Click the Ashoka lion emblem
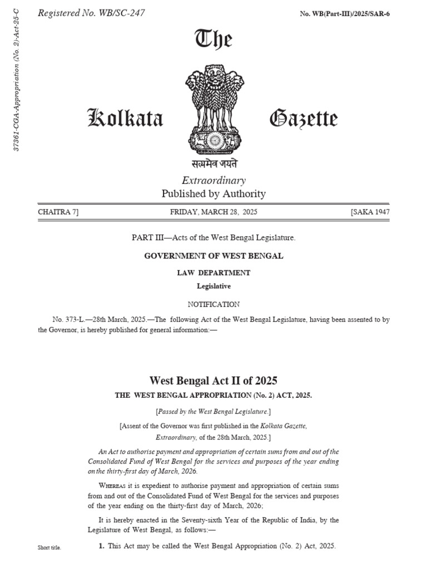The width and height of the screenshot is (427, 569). pyautogui.click(x=214, y=109)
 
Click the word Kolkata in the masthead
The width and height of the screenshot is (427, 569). pyautogui.click(x=126, y=118)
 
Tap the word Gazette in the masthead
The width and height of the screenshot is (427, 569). pyautogui.click(x=303, y=118)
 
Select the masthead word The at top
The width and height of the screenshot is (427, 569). pyautogui.click(x=213, y=39)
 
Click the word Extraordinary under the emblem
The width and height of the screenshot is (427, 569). pyautogui.click(x=213, y=180)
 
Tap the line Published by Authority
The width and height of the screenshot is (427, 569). pyautogui.click(x=213, y=194)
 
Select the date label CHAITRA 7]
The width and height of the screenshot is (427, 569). pyautogui.click(x=58, y=212)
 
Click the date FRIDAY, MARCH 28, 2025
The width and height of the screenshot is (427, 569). pyautogui.click(x=213, y=212)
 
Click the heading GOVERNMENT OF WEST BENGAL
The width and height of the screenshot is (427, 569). pyautogui.click(x=213, y=256)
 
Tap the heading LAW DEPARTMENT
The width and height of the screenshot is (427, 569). pyautogui.click(x=213, y=273)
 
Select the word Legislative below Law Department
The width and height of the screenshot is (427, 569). pyautogui.click(x=213, y=286)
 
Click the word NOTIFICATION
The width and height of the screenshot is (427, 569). pyautogui.click(x=213, y=305)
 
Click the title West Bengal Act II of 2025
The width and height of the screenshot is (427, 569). pyautogui.click(x=213, y=381)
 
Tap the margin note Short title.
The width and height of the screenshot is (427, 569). pyautogui.click(x=49, y=548)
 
